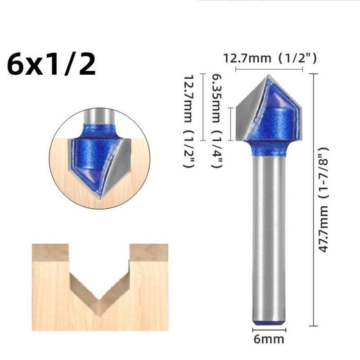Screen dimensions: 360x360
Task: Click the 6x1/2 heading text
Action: [x=51, y=64]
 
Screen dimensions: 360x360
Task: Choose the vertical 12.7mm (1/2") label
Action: [x=189, y=122]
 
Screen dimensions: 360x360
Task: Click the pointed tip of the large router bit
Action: [x=269, y=76]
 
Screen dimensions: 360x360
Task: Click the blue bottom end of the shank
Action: [x=269, y=322]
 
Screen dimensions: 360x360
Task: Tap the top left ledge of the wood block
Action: [x=50, y=252]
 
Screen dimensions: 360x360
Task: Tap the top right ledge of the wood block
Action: [x=149, y=252]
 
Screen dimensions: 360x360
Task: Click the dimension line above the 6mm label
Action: [x=269, y=330]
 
